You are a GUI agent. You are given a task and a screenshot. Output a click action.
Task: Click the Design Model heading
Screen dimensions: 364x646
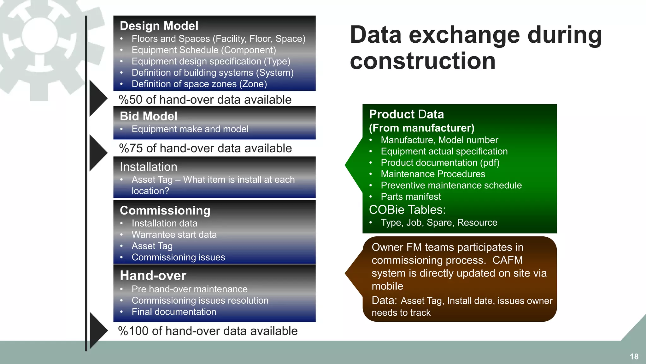click(x=159, y=26)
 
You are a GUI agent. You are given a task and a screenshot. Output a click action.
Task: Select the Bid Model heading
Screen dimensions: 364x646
click(x=149, y=116)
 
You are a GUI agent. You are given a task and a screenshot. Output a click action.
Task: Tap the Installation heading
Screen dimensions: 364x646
click(x=148, y=167)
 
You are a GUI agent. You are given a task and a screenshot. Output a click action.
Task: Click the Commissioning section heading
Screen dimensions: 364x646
click(x=165, y=210)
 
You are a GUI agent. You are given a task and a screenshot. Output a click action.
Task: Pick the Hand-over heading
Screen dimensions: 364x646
click(x=153, y=276)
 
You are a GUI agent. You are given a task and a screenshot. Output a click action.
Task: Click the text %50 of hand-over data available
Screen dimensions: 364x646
click(x=205, y=100)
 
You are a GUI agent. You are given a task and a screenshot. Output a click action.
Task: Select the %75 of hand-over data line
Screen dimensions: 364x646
click(x=205, y=148)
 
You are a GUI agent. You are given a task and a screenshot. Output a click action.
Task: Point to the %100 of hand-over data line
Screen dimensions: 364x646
click(x=208, y=331)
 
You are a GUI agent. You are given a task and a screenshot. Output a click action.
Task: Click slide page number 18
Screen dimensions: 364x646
click(x=634, y=356)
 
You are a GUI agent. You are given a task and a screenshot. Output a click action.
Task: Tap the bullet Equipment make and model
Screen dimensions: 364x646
click(x=190, y=129)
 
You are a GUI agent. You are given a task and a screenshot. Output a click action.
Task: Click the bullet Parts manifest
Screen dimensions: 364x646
click(x=411, y=197)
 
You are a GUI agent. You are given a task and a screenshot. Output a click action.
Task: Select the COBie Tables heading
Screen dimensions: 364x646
click(x=407, y=210)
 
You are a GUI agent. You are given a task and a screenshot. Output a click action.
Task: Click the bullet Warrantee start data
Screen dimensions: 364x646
click(x=174, y=234)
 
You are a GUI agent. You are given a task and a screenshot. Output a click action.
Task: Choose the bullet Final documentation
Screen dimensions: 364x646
click(x=174, y=312)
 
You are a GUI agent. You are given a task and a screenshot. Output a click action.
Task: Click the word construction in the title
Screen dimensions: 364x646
click(x=423, y=61)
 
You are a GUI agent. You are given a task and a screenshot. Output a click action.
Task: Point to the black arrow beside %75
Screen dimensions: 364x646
click(x=98, y=153)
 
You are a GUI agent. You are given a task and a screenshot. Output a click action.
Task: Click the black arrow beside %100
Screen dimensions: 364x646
click(x=98, y=331)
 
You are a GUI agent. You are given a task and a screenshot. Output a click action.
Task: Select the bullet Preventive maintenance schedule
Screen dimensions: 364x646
click(x=451, y=185)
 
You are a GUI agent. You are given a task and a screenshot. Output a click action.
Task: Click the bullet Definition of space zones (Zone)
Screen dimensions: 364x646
click(x=199, y=84)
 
